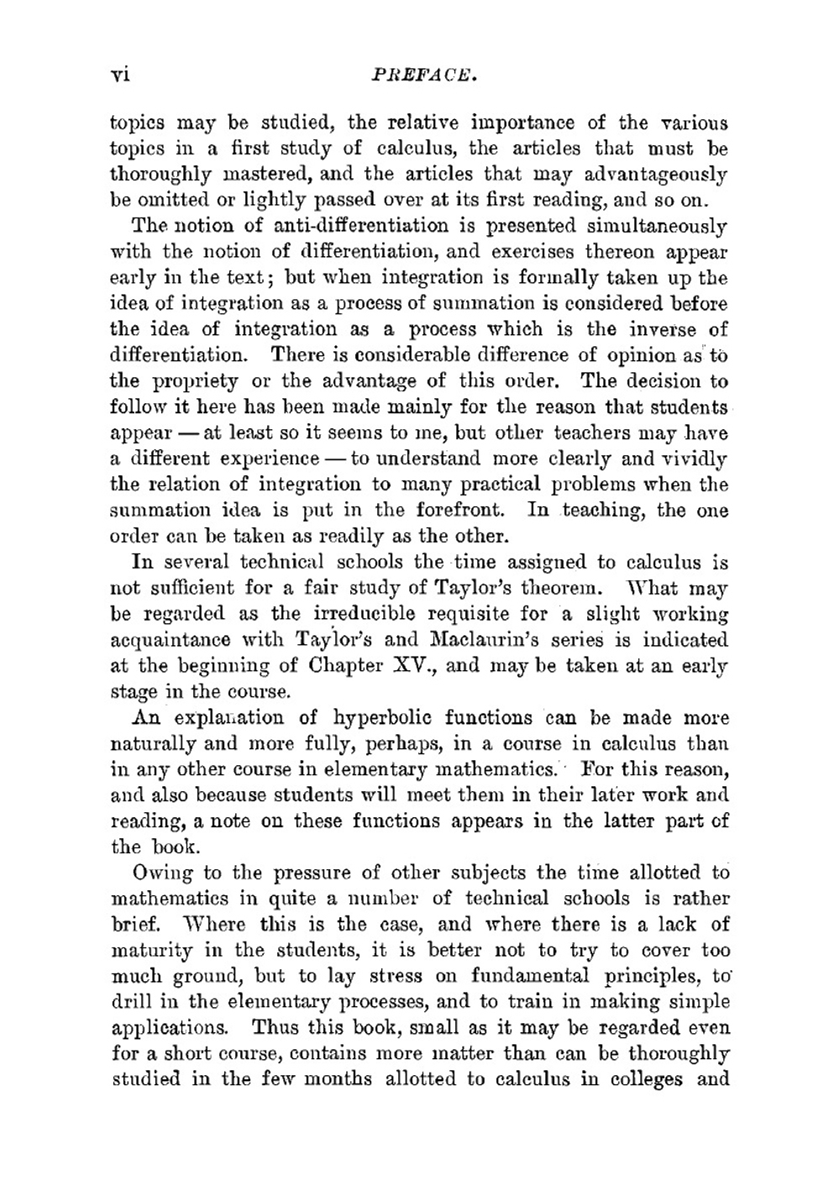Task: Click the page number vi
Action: [x=120, y=76]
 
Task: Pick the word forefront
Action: [x=458, y=511]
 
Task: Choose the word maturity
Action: [x=148, y=951]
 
